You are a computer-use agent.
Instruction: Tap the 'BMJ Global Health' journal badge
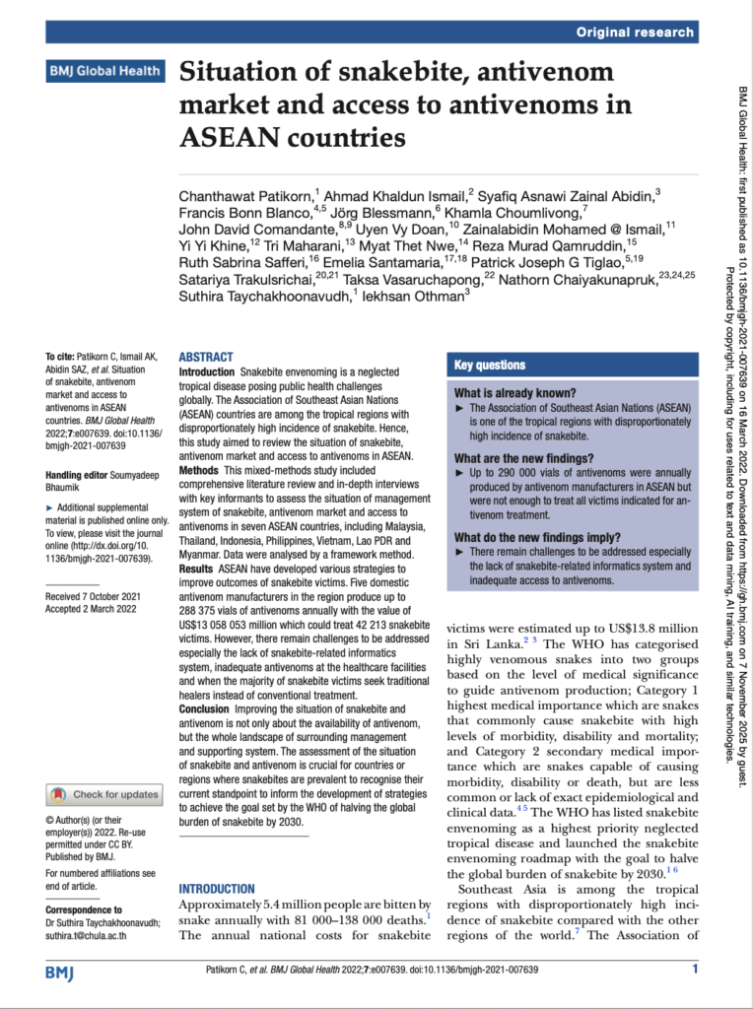pyautogui.click(x=105, y=71)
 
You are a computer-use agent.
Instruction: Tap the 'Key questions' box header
pyautogui.click(x=490, y=366)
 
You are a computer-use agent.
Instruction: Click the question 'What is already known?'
pyautogui.click(x=510, y=393)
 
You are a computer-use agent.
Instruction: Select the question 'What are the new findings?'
pyautogui.click(x=523, y=458)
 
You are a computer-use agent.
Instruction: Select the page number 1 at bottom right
pyautogui.click(x=695, y=971)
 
